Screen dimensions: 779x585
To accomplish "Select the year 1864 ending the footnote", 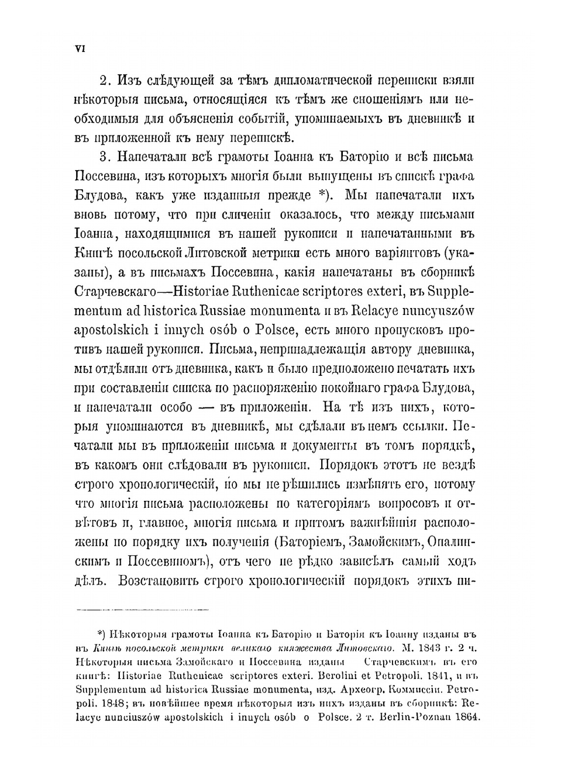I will pyautogui.click(x=465, y=718).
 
